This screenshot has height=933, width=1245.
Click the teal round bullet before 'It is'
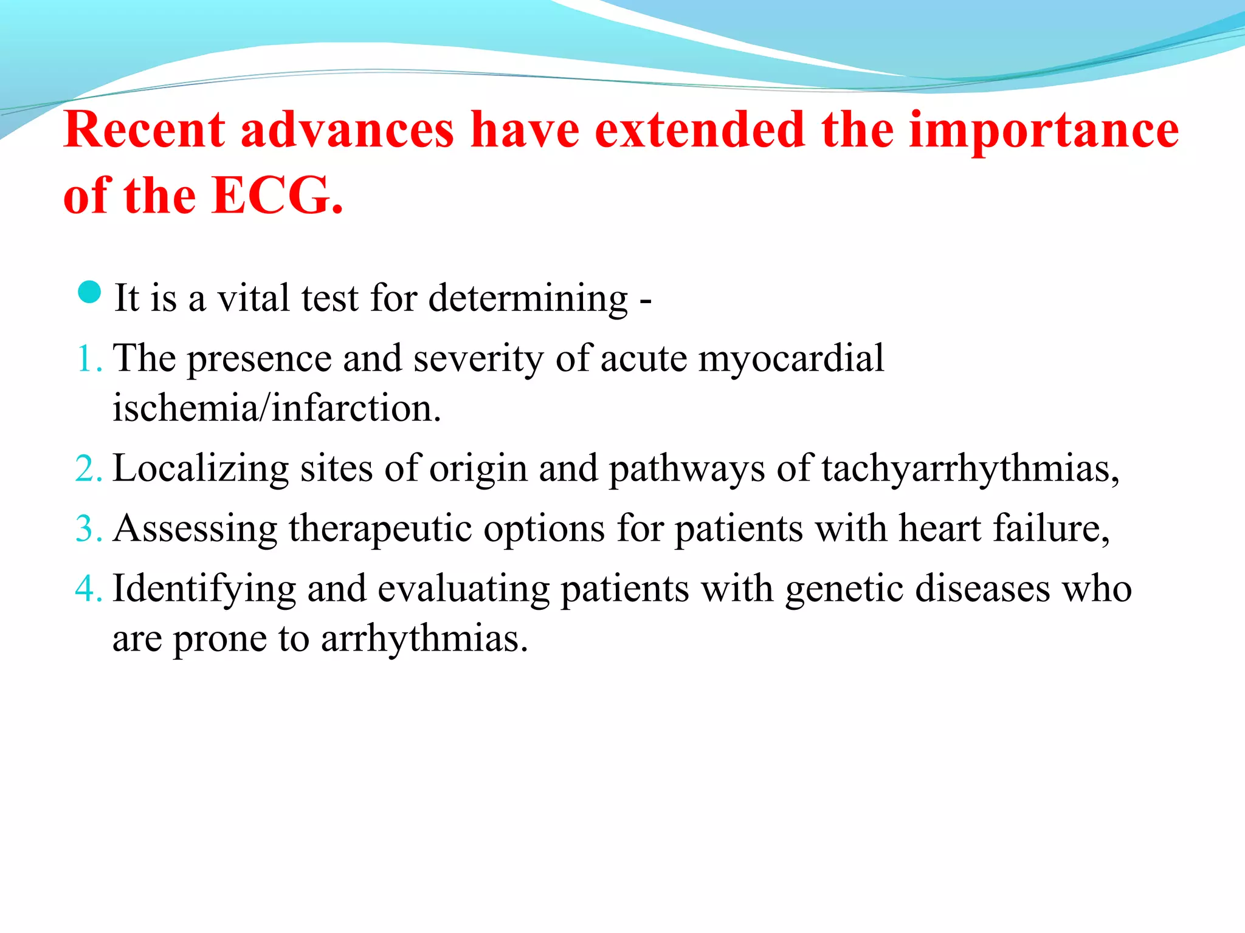pyautogui.click(x=89, y=292)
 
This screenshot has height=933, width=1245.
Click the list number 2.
pyautogui.click(x=88, y=469)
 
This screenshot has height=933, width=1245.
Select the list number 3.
pyautogui.click(x=88, y=528)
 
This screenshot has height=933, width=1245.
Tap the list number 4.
pyautogui.click(x=88, y=589)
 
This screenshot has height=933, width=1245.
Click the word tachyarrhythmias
pyautogui.click(x=969, y=469)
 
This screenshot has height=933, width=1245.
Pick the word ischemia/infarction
pyautogui.click(x=277, y=408)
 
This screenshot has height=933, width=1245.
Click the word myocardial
pyautogui.click(x=791, y=358)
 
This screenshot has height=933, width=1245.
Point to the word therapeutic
pyautogui.click(x=380, y=528)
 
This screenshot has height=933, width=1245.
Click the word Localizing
pyautogui.click(x=201, y=469)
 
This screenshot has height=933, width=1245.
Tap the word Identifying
pyautogui.click(x=204, y=589)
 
